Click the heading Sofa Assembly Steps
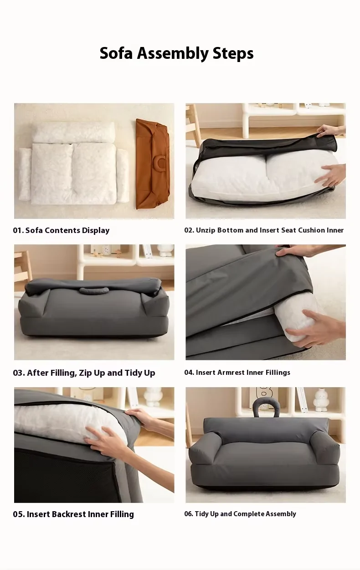point(176,54)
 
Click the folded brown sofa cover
point(153,164)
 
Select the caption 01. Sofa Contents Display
point(61,230)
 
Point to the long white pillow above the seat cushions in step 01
point(74,132)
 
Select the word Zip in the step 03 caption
point(85,373)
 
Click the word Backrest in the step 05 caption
point(68,514)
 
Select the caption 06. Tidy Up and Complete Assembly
point(240,514)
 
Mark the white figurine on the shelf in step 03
point(165,250)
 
